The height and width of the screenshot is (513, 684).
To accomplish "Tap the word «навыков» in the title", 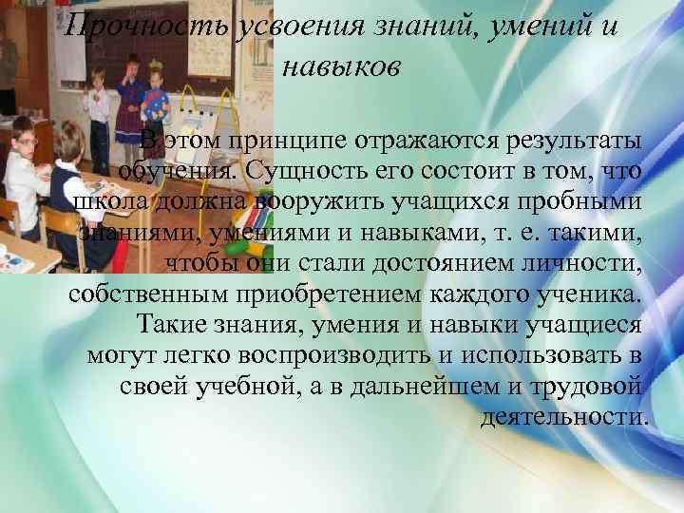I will point(343,67).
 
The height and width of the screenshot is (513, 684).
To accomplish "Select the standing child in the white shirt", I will point(95,100).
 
